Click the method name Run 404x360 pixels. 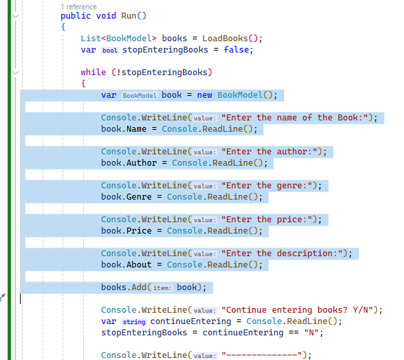point(128,16)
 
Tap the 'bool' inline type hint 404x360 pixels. point(109,50)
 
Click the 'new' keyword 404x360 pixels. point(204,94)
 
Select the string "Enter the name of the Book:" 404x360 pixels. point(296,118)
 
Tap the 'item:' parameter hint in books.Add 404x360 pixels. point(162,287)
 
